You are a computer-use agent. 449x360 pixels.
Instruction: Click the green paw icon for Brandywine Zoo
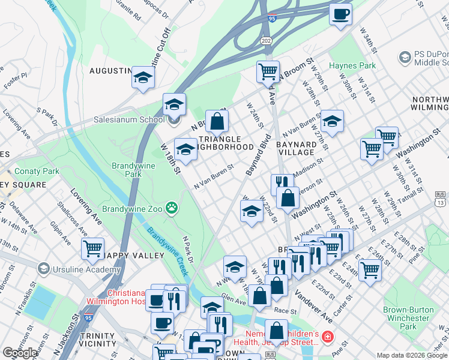pos(173,208)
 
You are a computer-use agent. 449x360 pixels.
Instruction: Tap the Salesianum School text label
pos(128,119)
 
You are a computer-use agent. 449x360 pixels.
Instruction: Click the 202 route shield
pos(266,40)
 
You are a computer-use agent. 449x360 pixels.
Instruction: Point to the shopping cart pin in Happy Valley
pos(92,248)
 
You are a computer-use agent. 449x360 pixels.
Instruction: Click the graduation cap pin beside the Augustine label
pos(143,77)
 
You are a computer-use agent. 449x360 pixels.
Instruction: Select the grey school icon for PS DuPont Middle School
pos(405,57)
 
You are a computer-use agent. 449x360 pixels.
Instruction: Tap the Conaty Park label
pos(37,171)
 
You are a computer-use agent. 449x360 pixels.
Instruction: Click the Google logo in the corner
pos(20,353)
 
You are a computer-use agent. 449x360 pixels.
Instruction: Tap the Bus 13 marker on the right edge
pos(441,199)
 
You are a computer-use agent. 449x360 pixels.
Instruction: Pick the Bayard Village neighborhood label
pos(296,149)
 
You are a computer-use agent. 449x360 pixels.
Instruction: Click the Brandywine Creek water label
pos(169,252)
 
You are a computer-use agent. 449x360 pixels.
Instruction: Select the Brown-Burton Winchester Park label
pos(408,318)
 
